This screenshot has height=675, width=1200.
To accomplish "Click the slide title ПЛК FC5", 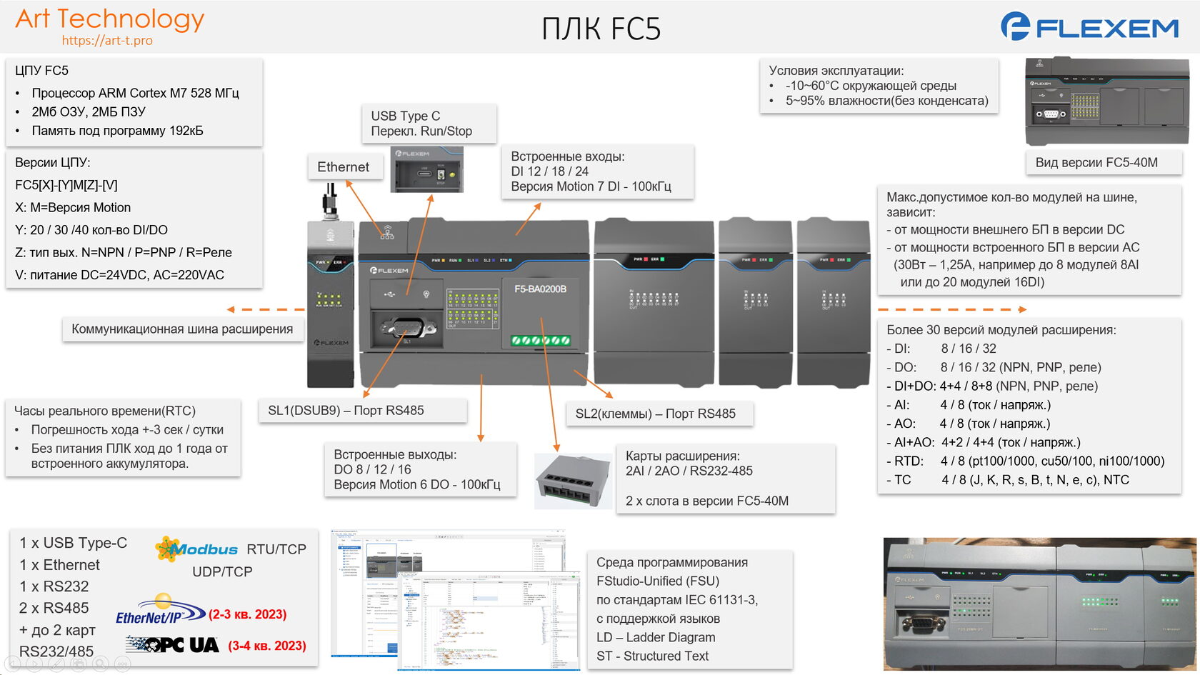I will [601, 29].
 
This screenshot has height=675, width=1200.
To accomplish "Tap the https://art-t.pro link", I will [107, 41].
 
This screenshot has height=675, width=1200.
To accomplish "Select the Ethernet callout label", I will [343, 167].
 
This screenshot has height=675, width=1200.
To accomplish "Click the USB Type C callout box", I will [427, 124].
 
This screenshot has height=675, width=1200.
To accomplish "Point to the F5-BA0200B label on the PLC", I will [540, 289].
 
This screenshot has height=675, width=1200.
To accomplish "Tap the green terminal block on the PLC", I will [541, 341].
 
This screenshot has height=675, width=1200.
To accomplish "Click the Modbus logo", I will [197, 549].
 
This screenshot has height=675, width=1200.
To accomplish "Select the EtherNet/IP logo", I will [159, 613].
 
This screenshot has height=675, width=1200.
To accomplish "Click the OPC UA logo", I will [174, 645].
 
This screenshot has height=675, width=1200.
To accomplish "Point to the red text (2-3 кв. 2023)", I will [247, 614].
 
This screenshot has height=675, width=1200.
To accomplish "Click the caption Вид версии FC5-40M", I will [1096, 163].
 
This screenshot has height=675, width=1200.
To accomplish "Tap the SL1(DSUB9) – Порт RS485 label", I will [346, 411].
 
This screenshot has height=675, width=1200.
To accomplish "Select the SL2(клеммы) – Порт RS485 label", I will [655, 414].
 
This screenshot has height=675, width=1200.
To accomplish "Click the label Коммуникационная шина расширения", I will [182, 329].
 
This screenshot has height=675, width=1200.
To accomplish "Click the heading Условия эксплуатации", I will [836, 71].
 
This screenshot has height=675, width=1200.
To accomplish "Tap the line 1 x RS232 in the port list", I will [54, 586].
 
